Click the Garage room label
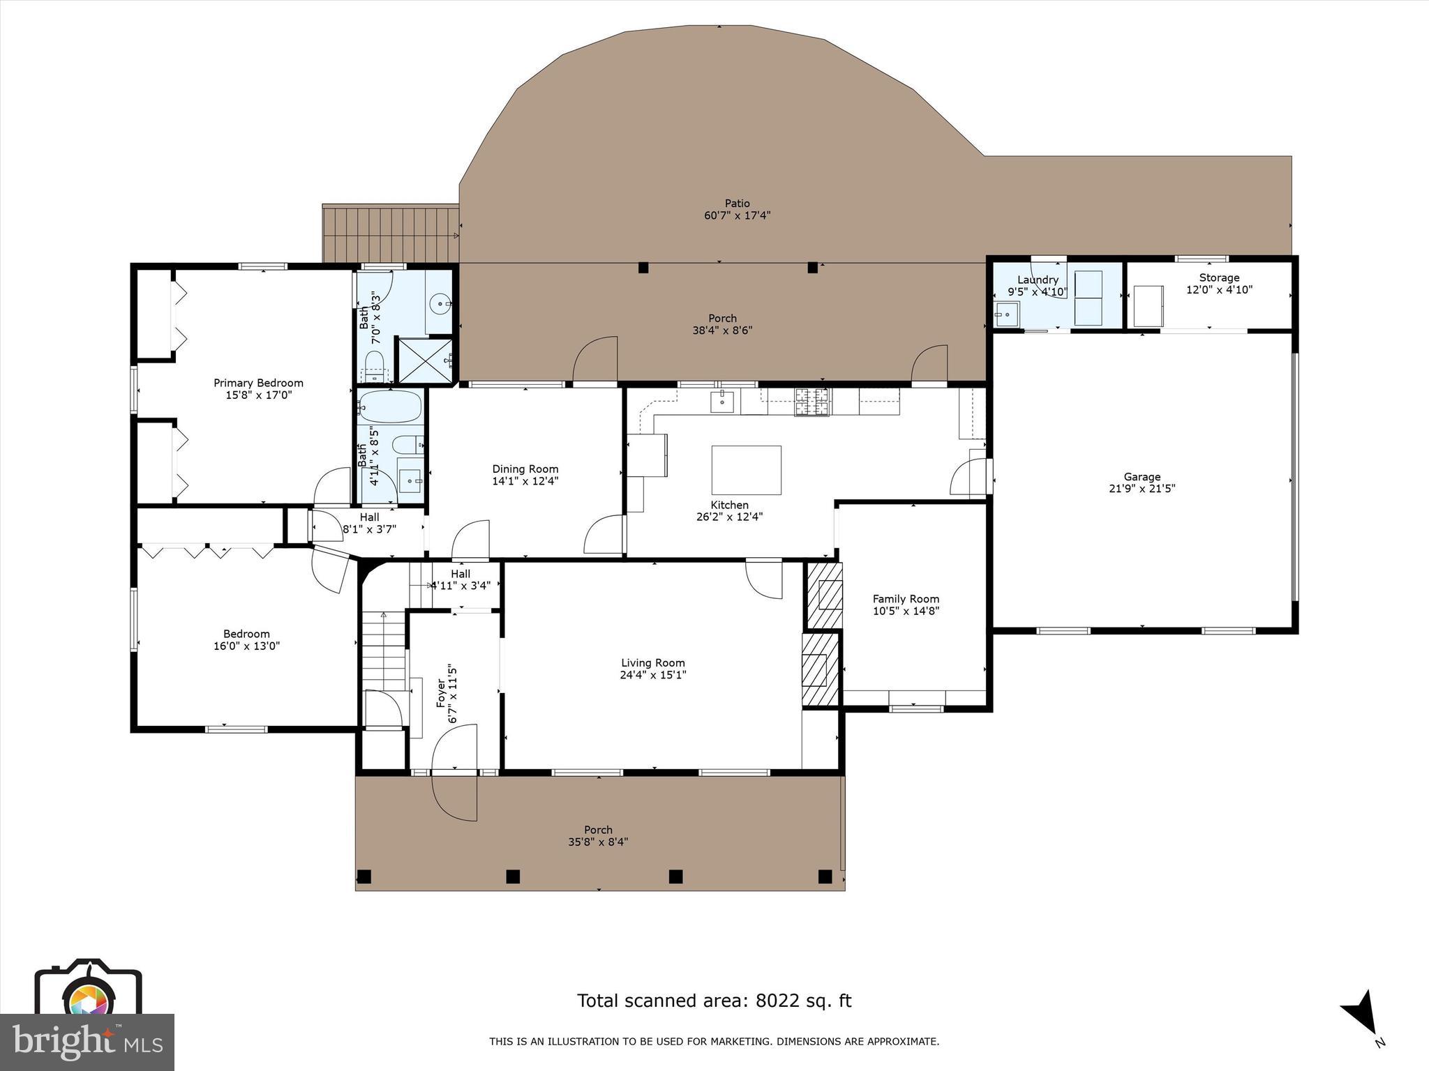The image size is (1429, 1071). click(x=1142, y=477)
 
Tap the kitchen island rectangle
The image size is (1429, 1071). click(x=746, y=470)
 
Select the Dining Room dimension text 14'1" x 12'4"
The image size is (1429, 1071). click(x=525, y=481)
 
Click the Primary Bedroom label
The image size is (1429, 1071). click(x=258, y=383)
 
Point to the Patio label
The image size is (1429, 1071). click(x=737, y=204)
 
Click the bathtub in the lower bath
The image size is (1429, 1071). click(x=391, y=405)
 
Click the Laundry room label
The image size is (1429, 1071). click(x=1038, y=280)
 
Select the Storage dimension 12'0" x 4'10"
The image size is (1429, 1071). click(x=1219, y=289)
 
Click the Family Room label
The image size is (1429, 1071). click(x=906, y=599)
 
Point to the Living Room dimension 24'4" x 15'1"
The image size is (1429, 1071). click(x=653, y=675)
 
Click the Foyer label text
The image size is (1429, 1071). click(x=441, y=693)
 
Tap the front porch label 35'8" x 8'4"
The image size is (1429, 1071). click(x=598, y=842)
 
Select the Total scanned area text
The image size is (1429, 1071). click(x=714, y=1001)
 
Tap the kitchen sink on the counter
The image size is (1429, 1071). click(x=721, y=402)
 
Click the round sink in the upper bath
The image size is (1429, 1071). click(x=440, y=304)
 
